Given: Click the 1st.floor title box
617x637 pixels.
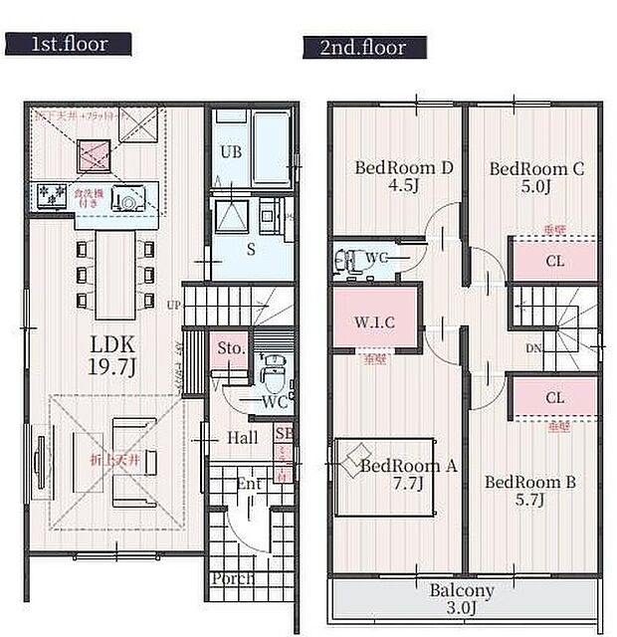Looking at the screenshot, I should click(69, 44).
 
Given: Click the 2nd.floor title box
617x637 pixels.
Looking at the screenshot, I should click(364, 46).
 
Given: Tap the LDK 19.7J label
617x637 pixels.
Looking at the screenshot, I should click(113, 354).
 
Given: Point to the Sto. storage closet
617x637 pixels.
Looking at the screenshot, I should click(232, 349).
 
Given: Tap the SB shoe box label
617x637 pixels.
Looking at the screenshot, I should click(284, 435).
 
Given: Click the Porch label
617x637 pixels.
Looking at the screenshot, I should click(232, 578).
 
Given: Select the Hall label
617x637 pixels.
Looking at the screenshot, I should click(242, 438).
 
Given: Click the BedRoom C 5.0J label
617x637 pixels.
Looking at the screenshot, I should click(535, 177).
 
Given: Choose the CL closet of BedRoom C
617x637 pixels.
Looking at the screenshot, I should click(554, 262).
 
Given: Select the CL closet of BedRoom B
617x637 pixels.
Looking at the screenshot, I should click(554, 397).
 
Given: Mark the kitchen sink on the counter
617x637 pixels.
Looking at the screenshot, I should click(125, 198).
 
